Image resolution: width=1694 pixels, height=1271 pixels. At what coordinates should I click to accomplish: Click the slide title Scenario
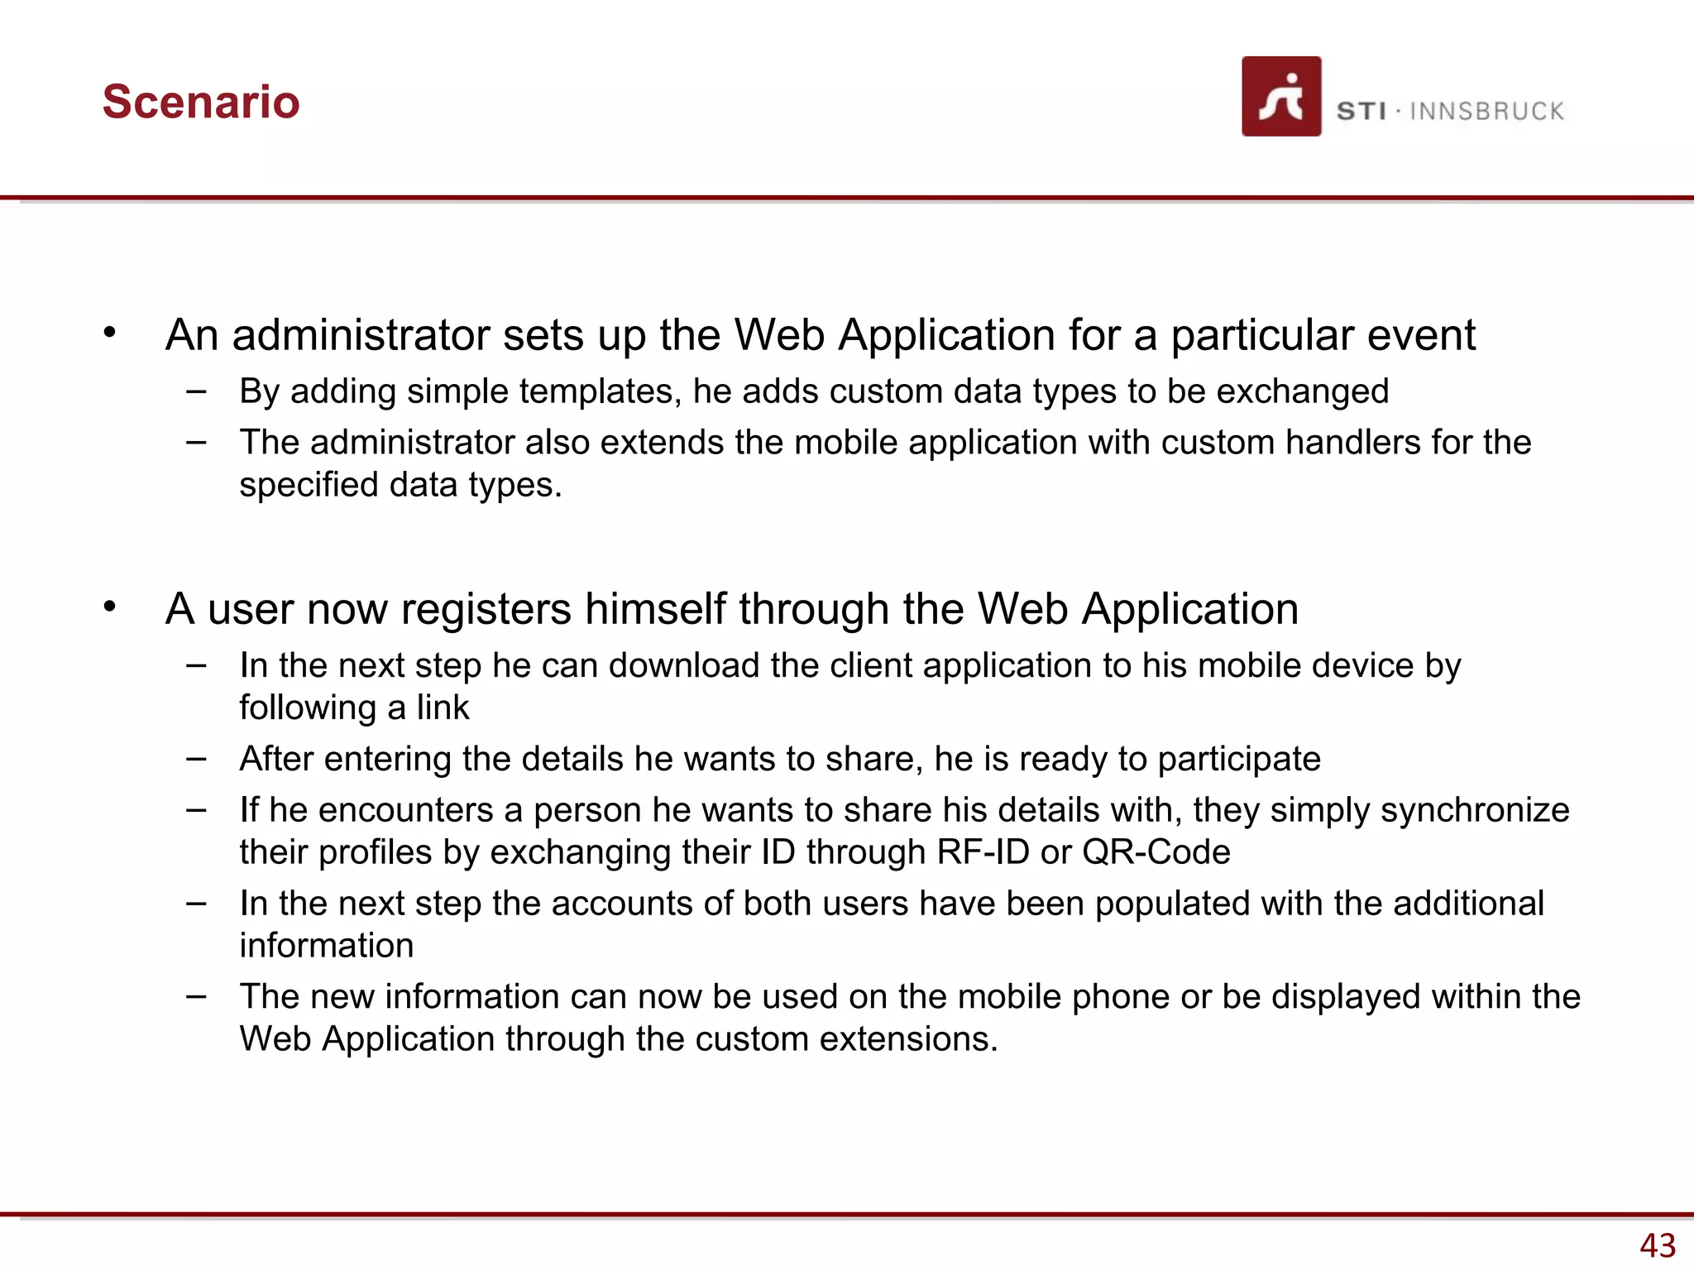tap(201, 102)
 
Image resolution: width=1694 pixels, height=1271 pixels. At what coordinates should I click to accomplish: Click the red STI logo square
tap(1281, 96)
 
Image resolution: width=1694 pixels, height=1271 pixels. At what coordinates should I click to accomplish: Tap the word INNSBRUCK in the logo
tap(1486, 112)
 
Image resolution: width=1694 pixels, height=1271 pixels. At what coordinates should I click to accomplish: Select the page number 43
tap(1658, 1245)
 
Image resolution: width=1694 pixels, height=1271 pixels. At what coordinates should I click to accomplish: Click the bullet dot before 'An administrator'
tap(110, 333)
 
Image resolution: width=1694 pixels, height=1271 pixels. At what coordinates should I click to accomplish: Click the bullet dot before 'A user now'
tap(110, 607)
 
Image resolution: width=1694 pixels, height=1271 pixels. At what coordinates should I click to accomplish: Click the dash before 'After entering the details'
tap(196, 758)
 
